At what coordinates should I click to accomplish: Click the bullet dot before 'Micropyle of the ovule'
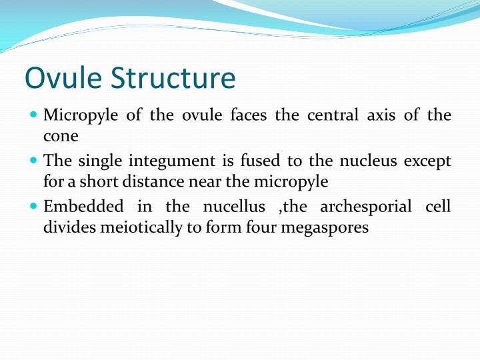(33, 115)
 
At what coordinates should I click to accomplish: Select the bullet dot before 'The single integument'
(33, 161)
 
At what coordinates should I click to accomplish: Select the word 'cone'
(61, 136)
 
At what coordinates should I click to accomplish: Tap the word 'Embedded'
(83, 207)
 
